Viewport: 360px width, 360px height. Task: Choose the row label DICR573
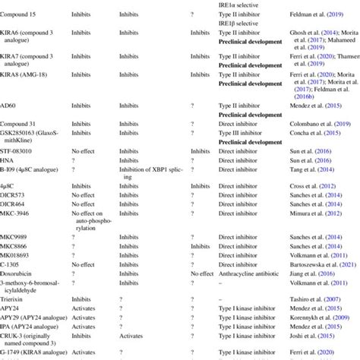pos(16,194)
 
